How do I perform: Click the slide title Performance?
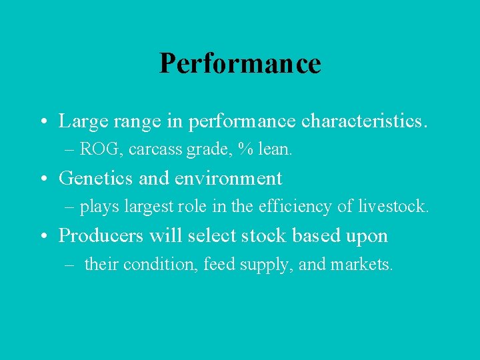tap(240, 63)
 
